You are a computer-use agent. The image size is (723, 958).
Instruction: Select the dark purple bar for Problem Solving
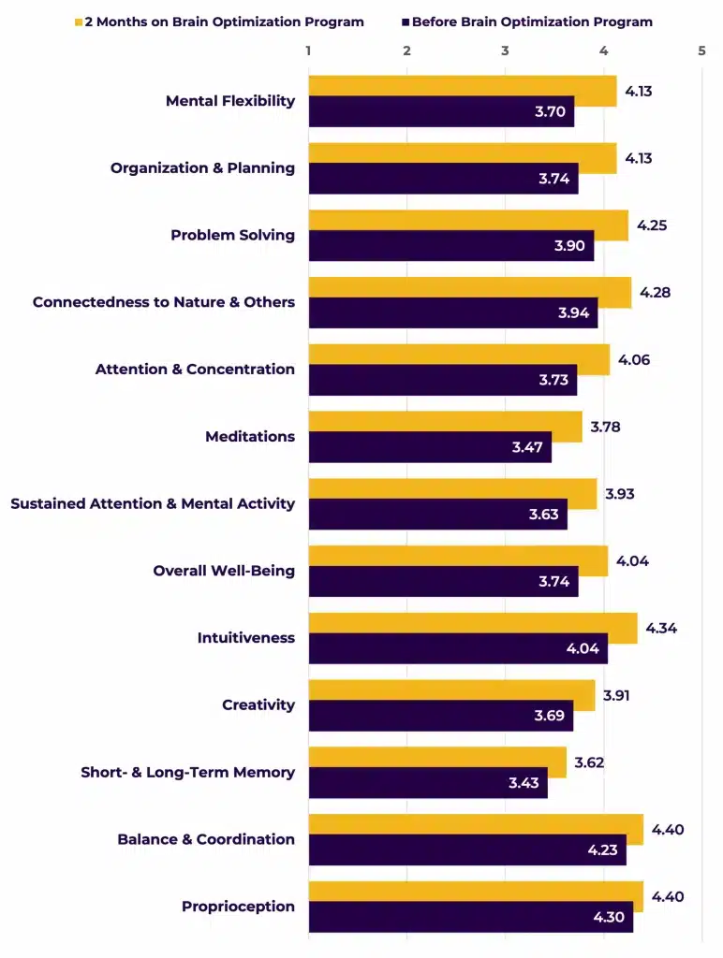450,246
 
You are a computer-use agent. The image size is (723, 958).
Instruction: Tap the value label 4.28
656,293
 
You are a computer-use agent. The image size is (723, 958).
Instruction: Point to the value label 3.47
527,447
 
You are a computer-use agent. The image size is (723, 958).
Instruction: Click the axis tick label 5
701,51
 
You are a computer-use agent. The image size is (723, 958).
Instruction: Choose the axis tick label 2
406,51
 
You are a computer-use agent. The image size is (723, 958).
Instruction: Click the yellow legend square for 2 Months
79,22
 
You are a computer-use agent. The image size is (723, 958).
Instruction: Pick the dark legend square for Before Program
406,22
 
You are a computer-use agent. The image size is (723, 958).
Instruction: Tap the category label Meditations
250,437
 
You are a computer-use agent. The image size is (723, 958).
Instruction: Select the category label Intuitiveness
245,638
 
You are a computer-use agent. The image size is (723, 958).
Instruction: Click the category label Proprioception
238,907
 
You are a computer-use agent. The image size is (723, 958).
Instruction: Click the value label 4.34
661,628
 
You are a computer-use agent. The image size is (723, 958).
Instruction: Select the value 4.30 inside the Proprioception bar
609,917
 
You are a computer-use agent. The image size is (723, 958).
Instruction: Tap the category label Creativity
258,705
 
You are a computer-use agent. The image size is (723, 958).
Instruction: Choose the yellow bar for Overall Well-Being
458,557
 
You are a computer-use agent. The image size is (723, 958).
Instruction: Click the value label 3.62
590,762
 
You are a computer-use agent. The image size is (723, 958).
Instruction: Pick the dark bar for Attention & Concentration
442,380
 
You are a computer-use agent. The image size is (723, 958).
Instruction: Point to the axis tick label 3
505,51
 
